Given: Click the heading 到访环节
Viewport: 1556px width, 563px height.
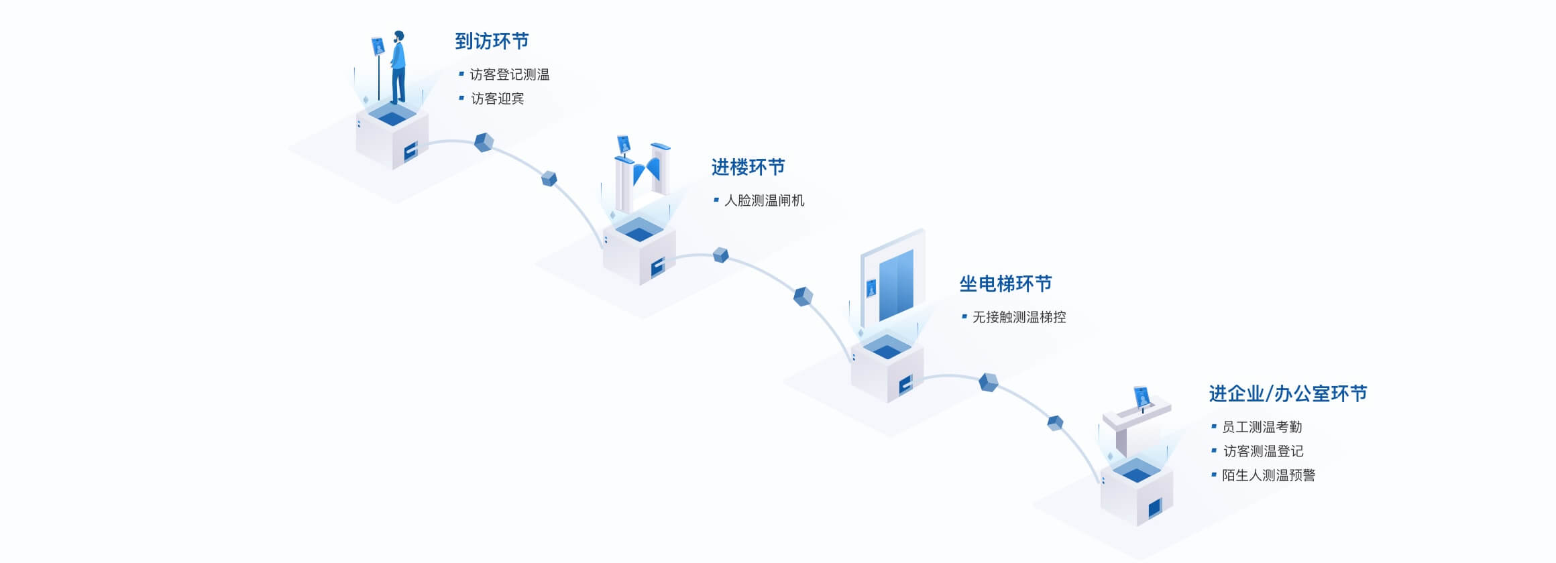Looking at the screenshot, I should [492, 42].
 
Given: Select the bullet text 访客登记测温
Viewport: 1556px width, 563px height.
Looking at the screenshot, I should [509, 74].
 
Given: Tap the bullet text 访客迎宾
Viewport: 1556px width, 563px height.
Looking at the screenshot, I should [497, 99].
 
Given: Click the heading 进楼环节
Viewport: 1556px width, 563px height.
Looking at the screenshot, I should [748, 168].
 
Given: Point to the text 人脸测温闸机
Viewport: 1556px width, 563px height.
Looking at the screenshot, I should [764, 200].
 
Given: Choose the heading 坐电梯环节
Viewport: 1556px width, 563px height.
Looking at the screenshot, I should [1005, 284].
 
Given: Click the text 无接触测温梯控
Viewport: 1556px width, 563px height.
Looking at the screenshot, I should [1019, 317].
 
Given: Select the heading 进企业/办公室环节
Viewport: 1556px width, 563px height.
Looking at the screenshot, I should [1288, 394].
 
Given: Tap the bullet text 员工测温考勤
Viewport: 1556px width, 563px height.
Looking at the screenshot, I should [1262, 427].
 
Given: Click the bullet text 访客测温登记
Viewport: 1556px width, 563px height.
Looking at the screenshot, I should [1263, 451].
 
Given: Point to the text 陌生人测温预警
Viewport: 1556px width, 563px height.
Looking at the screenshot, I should [1268, 475].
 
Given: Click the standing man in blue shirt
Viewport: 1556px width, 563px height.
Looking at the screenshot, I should [398, 67].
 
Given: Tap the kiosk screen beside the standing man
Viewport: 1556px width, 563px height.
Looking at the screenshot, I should [378, 46].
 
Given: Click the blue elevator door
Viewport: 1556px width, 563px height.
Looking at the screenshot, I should [896, 285].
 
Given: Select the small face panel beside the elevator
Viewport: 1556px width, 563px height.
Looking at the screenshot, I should [871, 288].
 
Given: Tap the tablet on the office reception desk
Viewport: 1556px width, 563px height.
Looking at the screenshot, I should [1142, 396].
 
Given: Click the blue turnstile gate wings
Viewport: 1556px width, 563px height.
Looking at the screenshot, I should [647, 170].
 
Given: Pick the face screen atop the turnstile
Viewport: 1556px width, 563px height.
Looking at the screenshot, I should [624, 144].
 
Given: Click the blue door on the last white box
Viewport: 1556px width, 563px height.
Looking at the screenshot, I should [1154, 509].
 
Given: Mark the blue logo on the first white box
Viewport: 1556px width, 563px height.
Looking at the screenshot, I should [410, 151].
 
